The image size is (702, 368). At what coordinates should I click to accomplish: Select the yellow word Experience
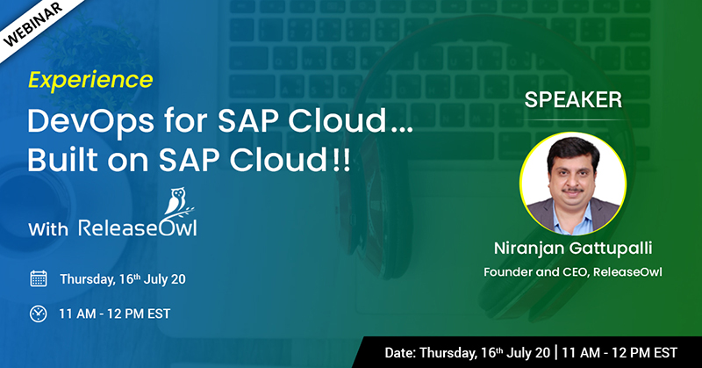90,80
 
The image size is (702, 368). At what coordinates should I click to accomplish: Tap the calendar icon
38,279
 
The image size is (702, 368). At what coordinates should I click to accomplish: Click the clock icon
38,313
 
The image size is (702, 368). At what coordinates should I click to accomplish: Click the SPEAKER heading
573,99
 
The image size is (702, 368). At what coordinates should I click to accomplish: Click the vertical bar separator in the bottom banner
556,352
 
